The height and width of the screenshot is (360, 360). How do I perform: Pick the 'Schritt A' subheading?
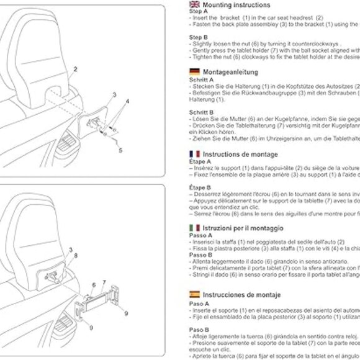tap(202, 79)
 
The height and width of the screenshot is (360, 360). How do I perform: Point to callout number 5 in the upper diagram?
tap(120, 150)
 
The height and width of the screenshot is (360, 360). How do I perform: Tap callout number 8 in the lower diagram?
tap(76, 255)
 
